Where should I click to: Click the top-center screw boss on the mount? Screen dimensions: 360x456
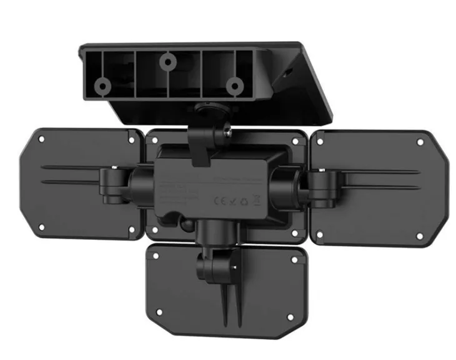tap(167, 61)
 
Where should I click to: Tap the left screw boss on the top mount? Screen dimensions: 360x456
tap(101, 84)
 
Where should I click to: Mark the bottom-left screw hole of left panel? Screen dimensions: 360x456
tap(41, 226)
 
